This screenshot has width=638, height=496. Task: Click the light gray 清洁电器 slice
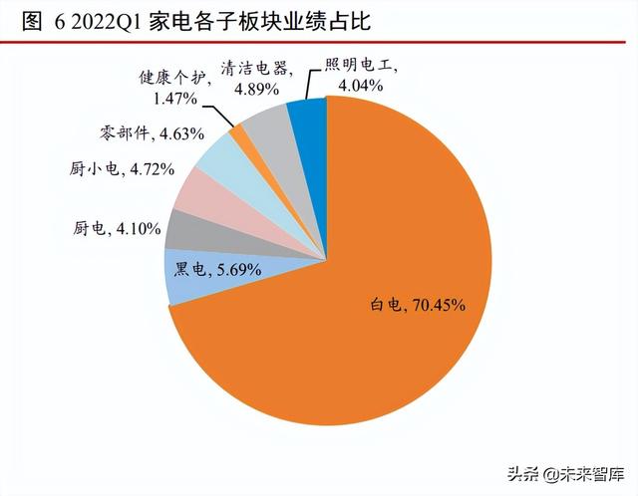point(264,124)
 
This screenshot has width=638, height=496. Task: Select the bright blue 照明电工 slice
point(306,116)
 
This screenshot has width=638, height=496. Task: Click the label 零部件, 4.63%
point(153,132)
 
